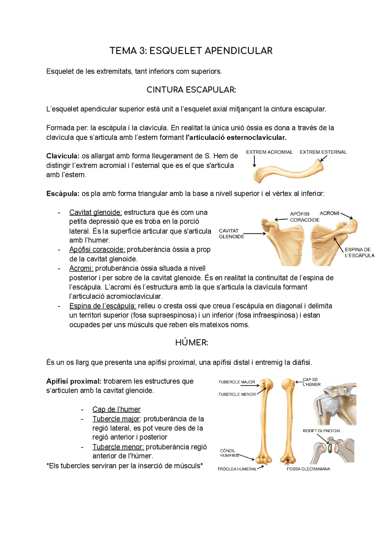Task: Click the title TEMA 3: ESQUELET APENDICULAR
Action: (x=191, y=51)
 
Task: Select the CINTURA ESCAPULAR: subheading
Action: (x=191, y=90)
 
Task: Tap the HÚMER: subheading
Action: (x=191, y=343)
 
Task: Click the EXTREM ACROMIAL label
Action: (x=269, y=152)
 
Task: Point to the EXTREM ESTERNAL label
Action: (x=323, y=152)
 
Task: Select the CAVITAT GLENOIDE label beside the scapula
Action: (x=231, y=234)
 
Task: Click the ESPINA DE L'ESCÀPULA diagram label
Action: (x=359, y=252)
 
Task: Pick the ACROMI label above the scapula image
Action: (x=329, y=213)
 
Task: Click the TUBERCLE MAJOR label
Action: (x=236, y=382)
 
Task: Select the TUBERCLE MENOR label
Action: (x=237, y=394)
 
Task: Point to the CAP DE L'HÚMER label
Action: (x=311, y=382)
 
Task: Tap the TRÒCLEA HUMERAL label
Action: (x=237, y=469)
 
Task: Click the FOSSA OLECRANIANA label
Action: (x=308, y=469)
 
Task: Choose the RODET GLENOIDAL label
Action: (x=321, y=431)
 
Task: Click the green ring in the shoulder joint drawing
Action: (x=330, y=448)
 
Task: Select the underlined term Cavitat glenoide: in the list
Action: (x=95, y=212)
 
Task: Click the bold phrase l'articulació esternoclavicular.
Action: (x=236, y=137)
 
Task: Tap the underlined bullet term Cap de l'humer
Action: (x=116, y=409)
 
